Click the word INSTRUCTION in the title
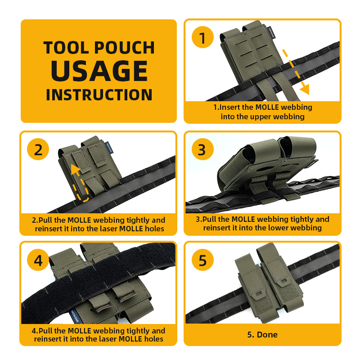click(x=99, y=95)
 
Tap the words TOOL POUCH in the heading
click(x=99, y=48)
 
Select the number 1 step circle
click(x=203, y=38)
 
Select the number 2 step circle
click(x=38, y=149)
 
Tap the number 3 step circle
click(x=203, y=149)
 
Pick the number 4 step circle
click(x=38, y=261)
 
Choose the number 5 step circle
click(x=203, y=261)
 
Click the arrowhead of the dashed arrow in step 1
click(x=305, y=89)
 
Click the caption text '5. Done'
click(x=262, y=334)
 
